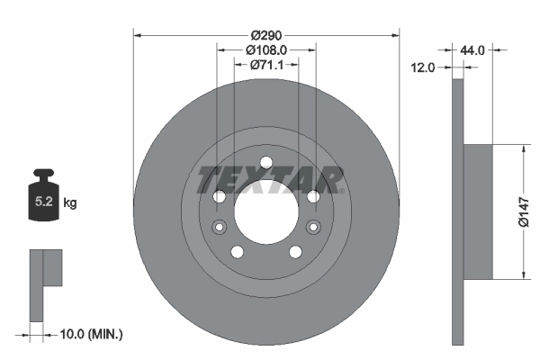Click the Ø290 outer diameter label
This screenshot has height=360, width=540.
[x=265, y=34]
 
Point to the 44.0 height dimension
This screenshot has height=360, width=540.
[x=472, y=50]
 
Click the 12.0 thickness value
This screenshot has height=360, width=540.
[x=424, y=67]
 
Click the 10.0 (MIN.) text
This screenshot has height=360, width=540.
[x=87, y=334]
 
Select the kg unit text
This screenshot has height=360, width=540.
[x=69, y=203]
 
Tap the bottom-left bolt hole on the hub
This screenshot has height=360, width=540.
[x=237, y=252]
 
